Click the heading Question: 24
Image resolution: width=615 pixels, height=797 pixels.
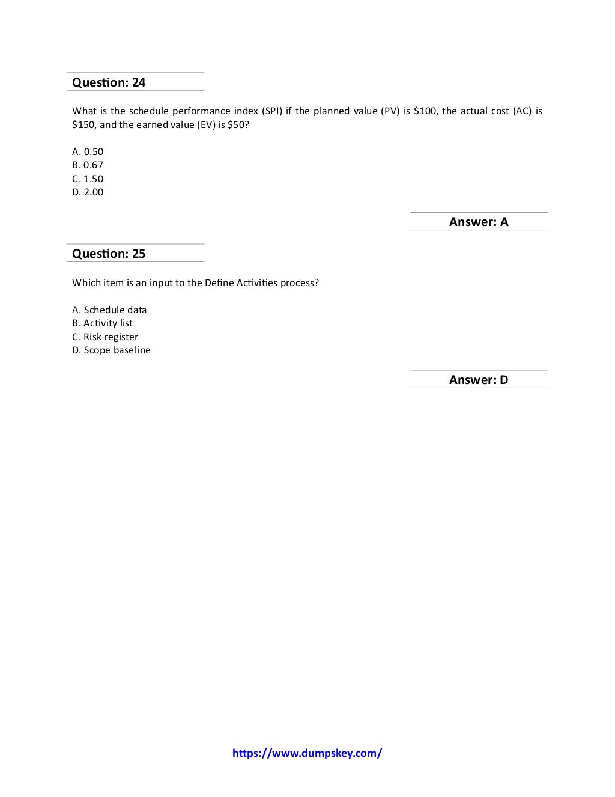[109, 82]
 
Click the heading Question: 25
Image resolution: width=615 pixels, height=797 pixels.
[109, 254]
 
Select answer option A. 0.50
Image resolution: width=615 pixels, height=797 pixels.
[88, 152]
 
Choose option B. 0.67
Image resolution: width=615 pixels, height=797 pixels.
[88, 165]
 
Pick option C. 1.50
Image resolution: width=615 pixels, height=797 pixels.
[88, 179]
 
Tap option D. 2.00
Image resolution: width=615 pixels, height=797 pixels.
[88, 192]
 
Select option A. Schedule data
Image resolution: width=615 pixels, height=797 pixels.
[109, 310]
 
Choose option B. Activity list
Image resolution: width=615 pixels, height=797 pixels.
[102, 323]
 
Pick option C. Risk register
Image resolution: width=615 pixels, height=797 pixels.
[105, 337]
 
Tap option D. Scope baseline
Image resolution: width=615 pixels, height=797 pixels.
[111, 350]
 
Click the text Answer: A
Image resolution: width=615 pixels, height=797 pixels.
[479, 222]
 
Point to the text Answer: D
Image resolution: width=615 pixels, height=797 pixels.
[479, 380]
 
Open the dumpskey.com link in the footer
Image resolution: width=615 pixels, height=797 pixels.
[307, 753]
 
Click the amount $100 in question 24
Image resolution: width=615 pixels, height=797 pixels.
[425, 111]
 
